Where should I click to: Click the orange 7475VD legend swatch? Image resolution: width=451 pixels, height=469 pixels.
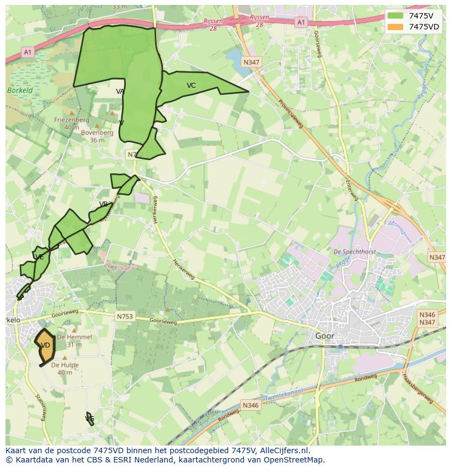[395, 27]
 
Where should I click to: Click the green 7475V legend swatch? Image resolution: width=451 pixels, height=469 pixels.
[395, 15]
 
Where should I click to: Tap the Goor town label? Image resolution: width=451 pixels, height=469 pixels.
[325, 336]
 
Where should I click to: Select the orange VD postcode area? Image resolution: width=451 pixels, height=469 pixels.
[46, 346]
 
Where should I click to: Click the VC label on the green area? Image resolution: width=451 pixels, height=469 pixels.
[191, 86]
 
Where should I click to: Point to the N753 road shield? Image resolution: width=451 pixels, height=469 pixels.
[125, 316]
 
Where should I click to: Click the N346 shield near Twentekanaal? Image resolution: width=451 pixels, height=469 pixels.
[251, 405]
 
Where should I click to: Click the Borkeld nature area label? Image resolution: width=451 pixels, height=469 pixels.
[20, 90]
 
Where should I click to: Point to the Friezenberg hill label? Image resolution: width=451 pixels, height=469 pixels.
[71, 120]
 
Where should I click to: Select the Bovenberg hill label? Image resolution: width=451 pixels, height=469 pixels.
[97, 132]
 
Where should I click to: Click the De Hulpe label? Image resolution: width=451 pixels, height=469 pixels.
[65, 366]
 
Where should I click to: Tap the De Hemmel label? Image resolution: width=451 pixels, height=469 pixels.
[75, 337]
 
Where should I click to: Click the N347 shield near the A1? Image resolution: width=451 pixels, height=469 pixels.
[251, 62]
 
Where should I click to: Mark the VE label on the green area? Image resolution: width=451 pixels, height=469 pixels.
[39, 257]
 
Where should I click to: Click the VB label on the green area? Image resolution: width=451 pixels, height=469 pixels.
[103, 204]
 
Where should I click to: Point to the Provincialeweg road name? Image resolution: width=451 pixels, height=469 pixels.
[290, 113]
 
